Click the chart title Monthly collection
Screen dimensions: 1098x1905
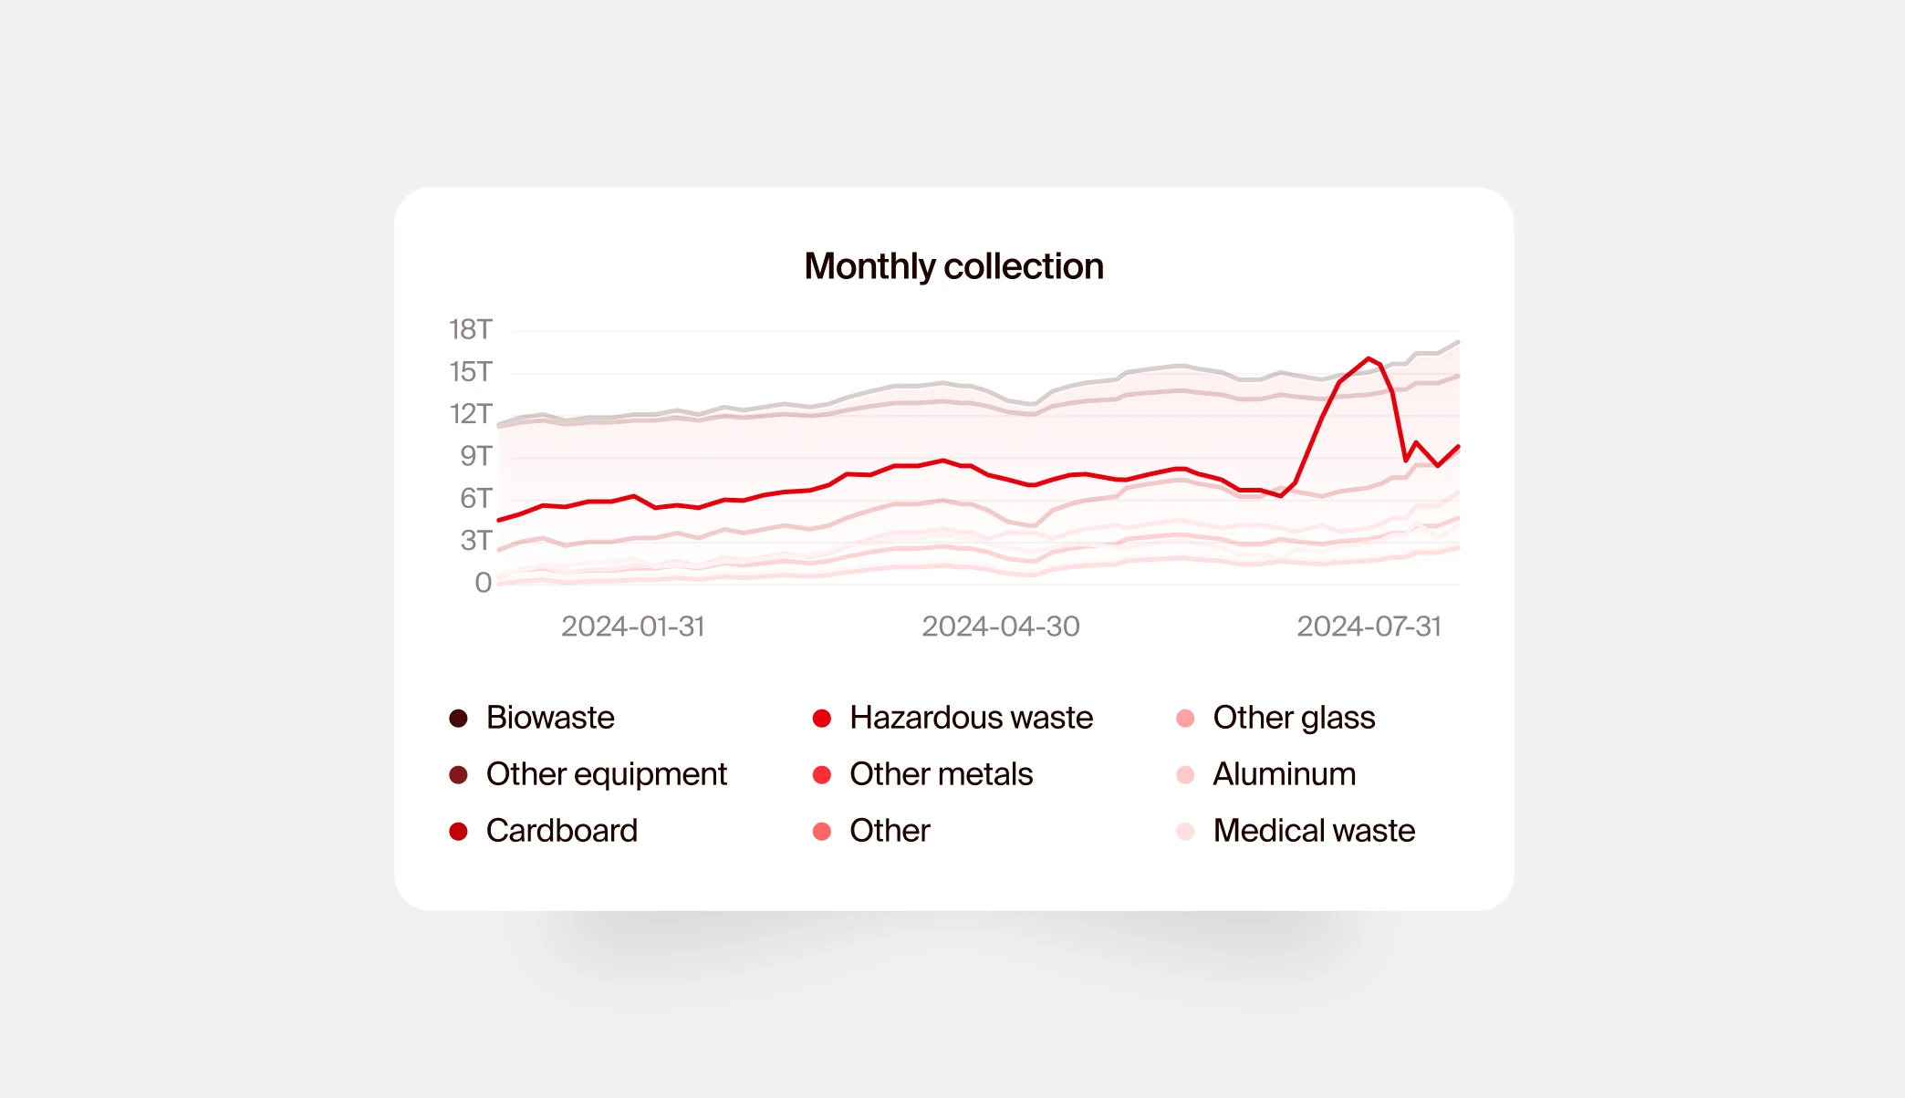point(953,266)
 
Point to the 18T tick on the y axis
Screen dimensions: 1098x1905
point(470,329)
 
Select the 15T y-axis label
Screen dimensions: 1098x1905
point(470,371)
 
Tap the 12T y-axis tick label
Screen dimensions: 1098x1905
point(470,413)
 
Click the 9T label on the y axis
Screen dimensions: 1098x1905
point(475,456)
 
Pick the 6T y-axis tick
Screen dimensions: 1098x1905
point(475,498)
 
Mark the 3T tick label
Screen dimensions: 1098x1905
point(475,540)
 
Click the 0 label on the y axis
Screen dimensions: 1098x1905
point(483,582)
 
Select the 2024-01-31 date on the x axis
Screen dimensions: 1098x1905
point(632,627)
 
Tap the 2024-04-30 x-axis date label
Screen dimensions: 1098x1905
point(1000,627)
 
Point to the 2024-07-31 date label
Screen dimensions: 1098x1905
point(1369,627)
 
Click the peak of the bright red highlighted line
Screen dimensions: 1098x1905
point(1369,358)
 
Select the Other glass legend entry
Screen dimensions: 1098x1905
point(1293,718)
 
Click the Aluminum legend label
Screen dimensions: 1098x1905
point(1284,774)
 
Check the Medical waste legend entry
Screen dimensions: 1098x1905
point(1313,831)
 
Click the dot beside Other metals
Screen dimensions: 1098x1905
point(822,775)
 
